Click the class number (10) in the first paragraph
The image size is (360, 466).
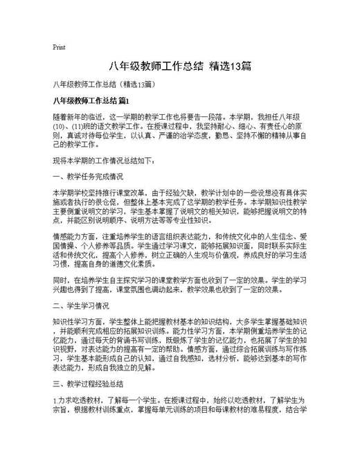click(58, 127)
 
